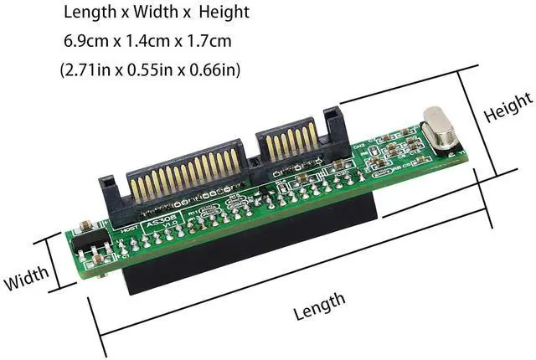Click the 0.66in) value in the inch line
217,69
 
